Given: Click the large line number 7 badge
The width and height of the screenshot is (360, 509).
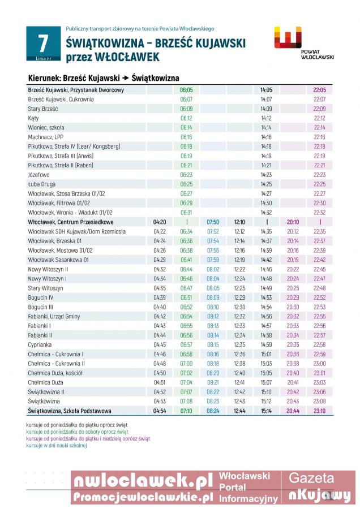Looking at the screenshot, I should point(42,44).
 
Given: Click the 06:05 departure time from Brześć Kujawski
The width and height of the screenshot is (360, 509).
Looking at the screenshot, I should point(186,90).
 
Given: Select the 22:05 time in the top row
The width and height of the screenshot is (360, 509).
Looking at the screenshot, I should point(319,90).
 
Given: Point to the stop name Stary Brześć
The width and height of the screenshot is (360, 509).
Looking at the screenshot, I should point(43,109).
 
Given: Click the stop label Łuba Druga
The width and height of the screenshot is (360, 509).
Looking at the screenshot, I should point(42,184).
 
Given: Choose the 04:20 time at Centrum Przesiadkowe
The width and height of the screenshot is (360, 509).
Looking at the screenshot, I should point(160,222).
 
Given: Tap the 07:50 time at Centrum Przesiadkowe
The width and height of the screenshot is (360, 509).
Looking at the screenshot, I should point(213,222).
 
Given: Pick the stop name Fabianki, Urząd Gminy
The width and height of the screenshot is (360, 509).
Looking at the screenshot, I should point(54,317).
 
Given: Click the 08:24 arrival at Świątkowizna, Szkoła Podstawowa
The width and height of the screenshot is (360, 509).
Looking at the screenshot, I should point(213,411).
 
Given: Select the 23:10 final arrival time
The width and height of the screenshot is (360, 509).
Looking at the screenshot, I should point(319,411).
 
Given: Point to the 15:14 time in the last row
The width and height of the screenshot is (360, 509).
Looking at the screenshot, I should point(266,411).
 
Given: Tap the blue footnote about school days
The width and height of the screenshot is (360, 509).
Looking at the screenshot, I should point(57,446).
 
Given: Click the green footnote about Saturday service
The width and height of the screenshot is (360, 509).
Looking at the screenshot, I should point(77,432).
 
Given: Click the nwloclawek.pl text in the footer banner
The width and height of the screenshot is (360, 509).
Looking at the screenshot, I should point(144,481).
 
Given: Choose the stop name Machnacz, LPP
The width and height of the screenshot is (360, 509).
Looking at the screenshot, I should point(45,137).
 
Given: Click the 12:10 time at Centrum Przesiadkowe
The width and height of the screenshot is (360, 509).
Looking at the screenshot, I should point(239,222).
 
